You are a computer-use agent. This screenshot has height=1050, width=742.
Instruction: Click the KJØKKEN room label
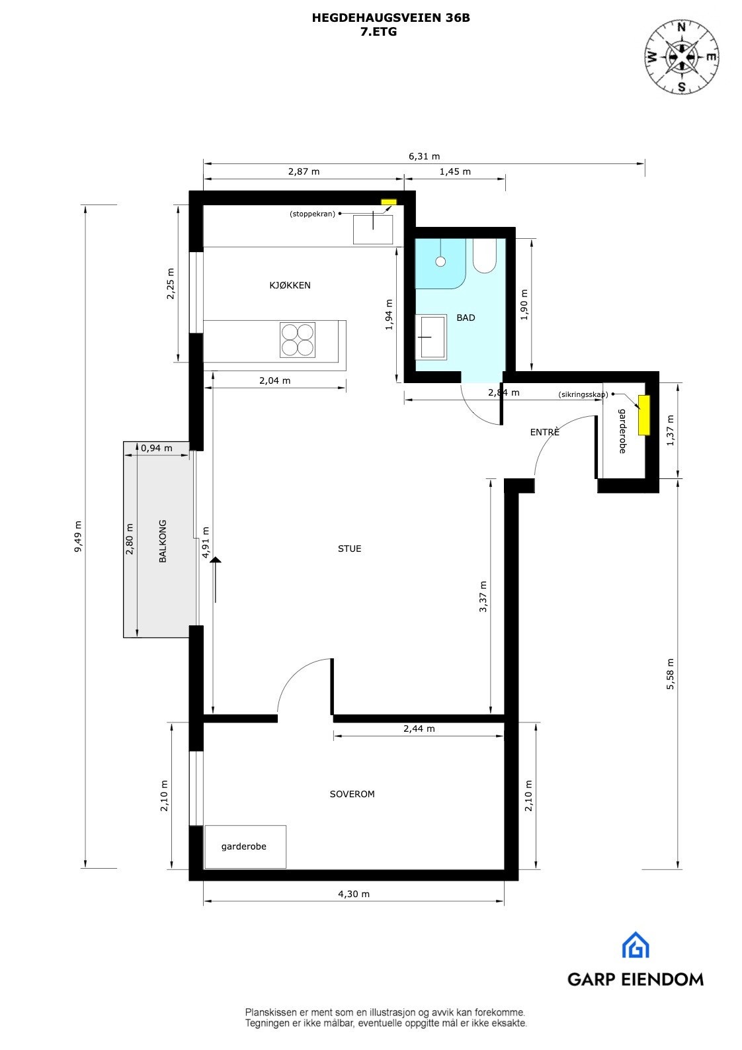pos(290,285)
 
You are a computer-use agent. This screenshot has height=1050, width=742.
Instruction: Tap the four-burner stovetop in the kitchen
pos(297,339)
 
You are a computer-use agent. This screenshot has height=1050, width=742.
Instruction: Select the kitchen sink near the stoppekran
pos(372,229)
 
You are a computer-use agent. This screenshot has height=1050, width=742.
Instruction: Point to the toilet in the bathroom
pos(484,257)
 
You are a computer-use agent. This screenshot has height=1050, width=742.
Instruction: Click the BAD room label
pos(466,318)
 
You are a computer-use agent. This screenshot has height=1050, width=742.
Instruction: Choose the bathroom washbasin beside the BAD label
pos(431,337)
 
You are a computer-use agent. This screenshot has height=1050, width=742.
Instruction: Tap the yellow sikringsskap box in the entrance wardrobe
pos(643,415)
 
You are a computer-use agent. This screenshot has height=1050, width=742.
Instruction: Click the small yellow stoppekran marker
pos(389,202)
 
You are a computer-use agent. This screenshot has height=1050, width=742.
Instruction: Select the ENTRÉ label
pos(544,432)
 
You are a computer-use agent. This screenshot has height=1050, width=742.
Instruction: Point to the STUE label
pos(349,548)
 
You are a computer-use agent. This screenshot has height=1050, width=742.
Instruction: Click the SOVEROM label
pos(352,794)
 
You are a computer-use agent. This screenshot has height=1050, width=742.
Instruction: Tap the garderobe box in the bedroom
pos(245,846)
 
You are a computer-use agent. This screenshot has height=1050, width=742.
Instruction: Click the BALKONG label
pos(163,541)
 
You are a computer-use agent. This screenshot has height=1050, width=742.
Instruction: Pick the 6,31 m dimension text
pos(424,157)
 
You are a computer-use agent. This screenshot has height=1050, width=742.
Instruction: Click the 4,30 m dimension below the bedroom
pos(354,894)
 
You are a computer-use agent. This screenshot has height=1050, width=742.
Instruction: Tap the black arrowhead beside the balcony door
pos(216,560)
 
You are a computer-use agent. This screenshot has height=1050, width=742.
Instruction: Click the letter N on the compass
pos(682,28)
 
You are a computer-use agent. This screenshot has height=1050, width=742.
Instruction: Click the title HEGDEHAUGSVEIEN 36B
pos(391,19)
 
